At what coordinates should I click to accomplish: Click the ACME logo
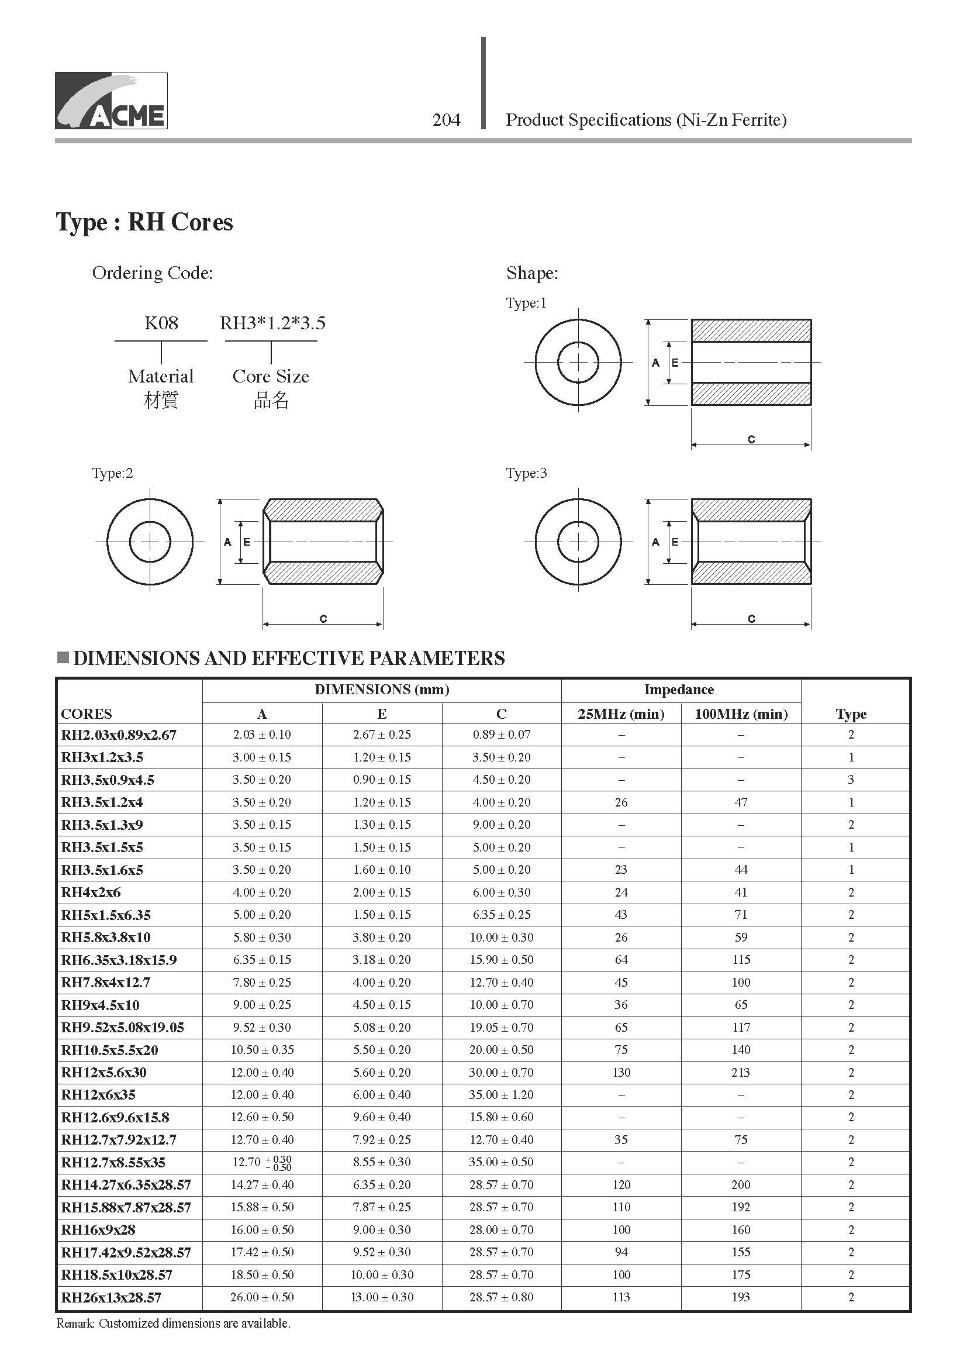click(x=111, y=101)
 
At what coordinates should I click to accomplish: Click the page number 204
click(x=447, y=120)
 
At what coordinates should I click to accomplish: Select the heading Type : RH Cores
click(x=144, y=222)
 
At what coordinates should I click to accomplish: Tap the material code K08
click(x=161, y=323)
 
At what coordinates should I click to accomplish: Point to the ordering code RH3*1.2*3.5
click(x=272, y=323)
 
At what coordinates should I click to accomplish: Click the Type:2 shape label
click(x=112, y=473)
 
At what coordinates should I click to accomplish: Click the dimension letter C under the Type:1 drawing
click(x=751, y=439)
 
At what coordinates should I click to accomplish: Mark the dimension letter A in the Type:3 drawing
click(x=655, y=542)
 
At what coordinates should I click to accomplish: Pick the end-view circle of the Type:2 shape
click(x=150, y=542)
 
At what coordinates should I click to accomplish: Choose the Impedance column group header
click(x=679, y=690)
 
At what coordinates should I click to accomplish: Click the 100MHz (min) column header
click(x=741, y=714)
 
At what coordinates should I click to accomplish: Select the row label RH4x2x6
click(x=91, y=893)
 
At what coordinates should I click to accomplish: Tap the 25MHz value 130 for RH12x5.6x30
click(x=621, y=1073)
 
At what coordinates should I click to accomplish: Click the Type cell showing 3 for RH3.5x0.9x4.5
click(x=851, y=779)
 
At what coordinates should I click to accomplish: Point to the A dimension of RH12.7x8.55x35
click(x=262, y=1163)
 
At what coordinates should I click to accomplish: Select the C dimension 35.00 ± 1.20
click(x=502, y=1094)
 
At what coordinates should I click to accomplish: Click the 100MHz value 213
click(x=741, y=1073)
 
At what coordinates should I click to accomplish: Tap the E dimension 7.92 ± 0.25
click(x=382, y=1140)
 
